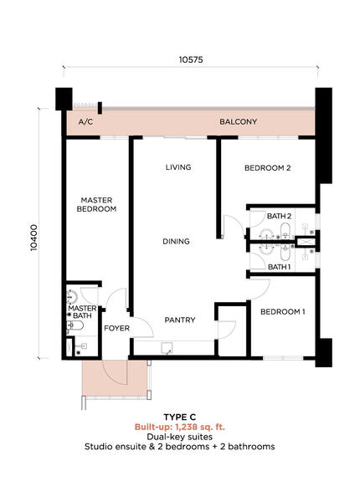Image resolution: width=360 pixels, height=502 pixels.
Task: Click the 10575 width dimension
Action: pos(191,60)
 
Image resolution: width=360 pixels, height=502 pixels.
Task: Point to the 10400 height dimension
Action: pos(34,238)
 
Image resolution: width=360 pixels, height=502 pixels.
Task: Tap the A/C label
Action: pos(86,122)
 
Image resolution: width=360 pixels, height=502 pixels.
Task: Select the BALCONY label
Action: pos(239,121)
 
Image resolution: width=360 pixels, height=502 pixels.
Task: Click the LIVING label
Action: pos(178,167)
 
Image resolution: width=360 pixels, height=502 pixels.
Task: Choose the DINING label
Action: pos(176,242)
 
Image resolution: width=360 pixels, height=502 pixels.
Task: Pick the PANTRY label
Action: pos(180,320)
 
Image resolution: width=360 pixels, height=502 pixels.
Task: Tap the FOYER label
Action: pos(117,328)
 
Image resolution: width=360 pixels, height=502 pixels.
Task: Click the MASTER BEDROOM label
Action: pos(96,205)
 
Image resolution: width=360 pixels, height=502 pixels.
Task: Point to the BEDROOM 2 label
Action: pos(268,168)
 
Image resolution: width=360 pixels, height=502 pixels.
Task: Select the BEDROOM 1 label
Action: pos(283,311)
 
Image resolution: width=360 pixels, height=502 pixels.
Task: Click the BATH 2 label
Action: pos(280,216)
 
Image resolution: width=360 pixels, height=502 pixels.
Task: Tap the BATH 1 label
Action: pos(280,267)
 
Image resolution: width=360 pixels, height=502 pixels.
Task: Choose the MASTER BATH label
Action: pos(82,312)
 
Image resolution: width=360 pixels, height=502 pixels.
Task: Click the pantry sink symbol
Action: pos(167,348)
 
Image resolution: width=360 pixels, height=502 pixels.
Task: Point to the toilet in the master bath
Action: pos(75,325)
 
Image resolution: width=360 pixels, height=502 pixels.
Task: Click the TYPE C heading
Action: pos(180,417)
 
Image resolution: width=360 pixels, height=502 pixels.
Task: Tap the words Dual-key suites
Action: pos(180,437)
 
